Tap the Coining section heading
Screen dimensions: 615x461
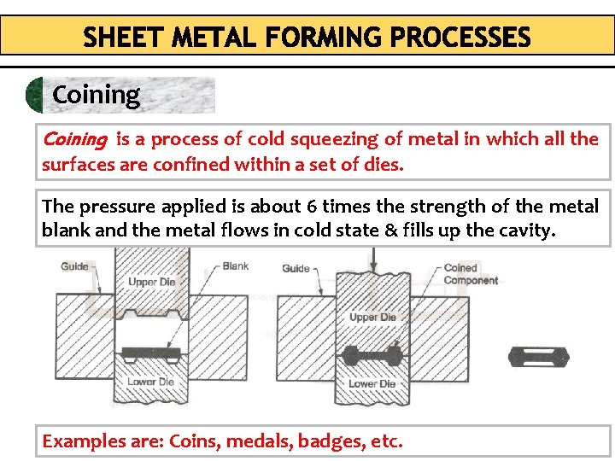coord(96,95)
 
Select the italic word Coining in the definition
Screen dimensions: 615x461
coord(74,139)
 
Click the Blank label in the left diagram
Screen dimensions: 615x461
coord(236,266)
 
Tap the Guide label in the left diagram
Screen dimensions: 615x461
coord(75,266)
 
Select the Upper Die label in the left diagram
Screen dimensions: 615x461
coord(151,282)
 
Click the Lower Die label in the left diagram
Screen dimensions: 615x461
coord(151,382)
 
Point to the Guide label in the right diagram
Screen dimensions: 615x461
coord(296,268)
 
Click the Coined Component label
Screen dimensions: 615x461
coord(471,274)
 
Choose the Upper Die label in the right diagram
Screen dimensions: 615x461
coord(372,318)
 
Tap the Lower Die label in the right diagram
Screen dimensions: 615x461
coord(372,383)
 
